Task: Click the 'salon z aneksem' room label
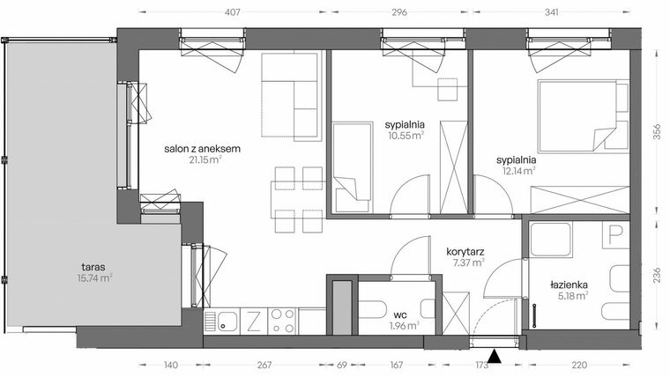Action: point(202,149)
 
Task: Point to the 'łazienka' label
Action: point(569,285)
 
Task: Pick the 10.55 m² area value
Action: point(406,136)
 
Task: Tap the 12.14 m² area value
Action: point(516,171)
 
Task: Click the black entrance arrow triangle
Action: point(496,357)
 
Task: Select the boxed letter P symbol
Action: point(614,235)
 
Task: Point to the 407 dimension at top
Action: point(233,13)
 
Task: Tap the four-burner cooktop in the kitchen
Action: point(282,319)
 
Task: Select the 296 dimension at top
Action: point(398,13)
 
